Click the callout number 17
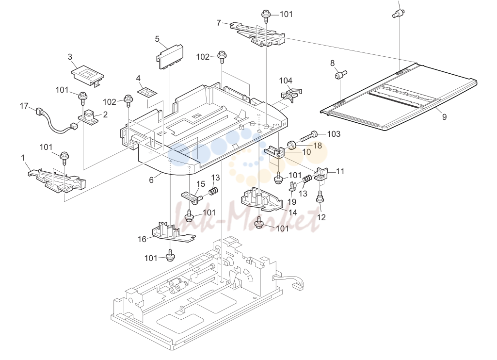tap(24, 106)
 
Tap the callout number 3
tap(70, 57)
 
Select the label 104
tap(286, 81)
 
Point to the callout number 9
tap(444, 117)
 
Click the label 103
tap(334, 134)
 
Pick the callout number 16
tap(142, 239)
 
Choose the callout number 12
tap(321, 217)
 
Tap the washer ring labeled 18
tap(291, 145)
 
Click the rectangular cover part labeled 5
tap(170, 56)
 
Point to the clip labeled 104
tap(291, 93)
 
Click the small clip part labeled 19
tap(292, 186)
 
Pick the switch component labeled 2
tap(88, 116)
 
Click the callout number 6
tap(151, 180)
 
